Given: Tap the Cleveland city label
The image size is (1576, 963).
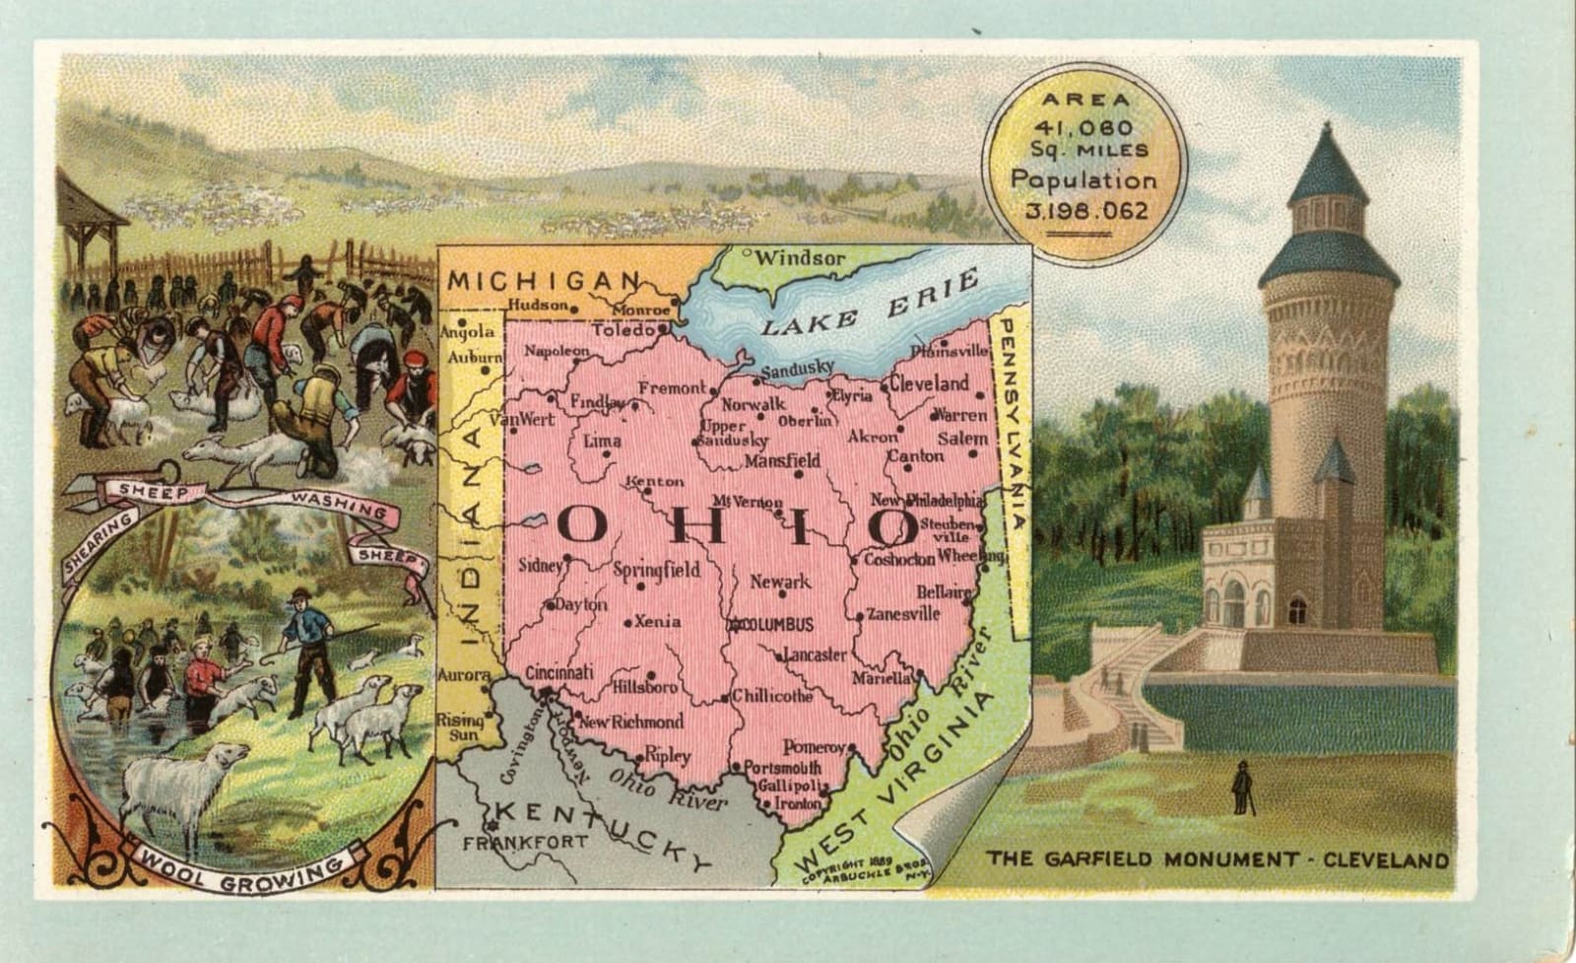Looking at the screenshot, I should click(931, 383).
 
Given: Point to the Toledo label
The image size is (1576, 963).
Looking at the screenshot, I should click(623, 329).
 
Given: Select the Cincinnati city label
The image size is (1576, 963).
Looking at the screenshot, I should click(558, 672).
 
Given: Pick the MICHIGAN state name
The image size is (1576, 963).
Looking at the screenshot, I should click(544, 281).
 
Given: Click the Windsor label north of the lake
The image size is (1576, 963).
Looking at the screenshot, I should click(800, 258).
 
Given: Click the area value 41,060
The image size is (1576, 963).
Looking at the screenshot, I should click(1083, 127).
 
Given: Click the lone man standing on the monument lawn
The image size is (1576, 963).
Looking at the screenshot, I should click(1242, 787).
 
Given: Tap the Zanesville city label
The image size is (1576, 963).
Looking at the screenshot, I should click(902, 613).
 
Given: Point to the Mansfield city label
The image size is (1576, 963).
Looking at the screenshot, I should click(782, 460).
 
